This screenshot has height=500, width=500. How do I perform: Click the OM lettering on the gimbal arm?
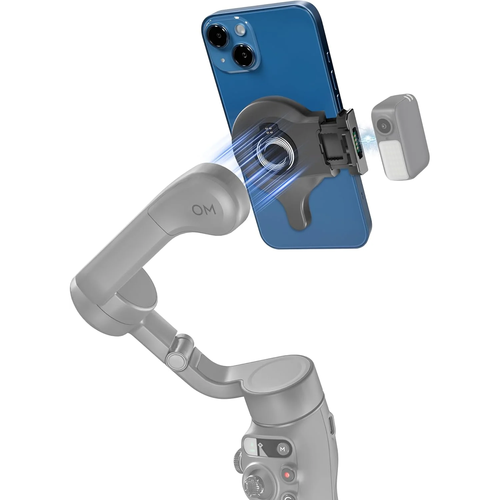[x=204, y=210]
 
